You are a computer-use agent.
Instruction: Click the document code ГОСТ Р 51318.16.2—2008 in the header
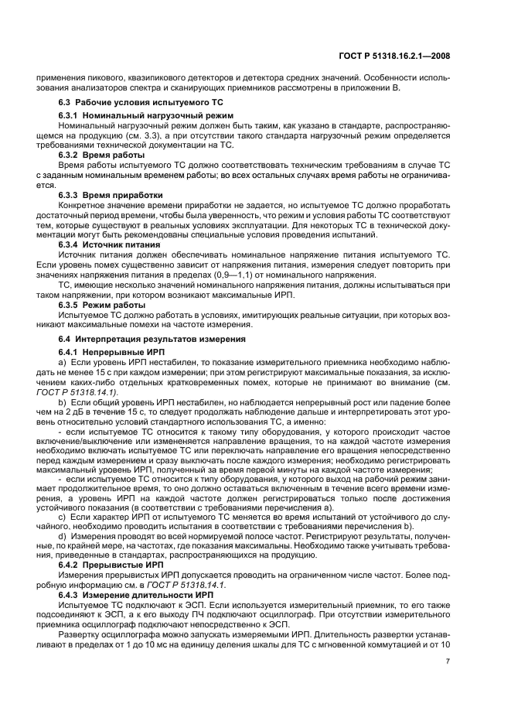tap(405, 56)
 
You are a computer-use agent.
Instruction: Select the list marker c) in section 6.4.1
tap(63, 515)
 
